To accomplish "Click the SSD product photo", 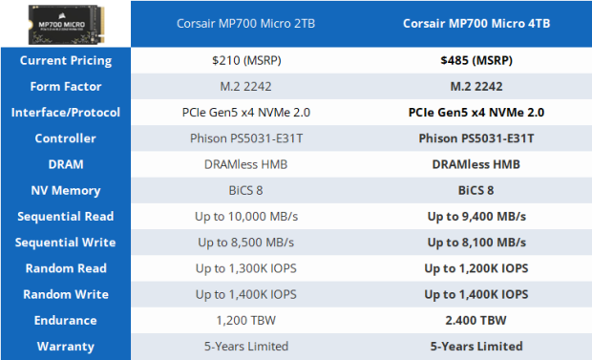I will pos(65,22).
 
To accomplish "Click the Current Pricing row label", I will pos(66,60).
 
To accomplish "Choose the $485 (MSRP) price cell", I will pos(476,60).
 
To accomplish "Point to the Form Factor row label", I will pos(66,86).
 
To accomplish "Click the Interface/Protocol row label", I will pos(66,112).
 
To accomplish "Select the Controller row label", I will pos(66,138).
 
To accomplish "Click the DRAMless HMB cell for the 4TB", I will pos(476,164).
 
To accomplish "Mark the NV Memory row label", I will pos(66,190).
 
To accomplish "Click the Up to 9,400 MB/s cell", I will pos(476,216).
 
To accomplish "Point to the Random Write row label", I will pos(66,294).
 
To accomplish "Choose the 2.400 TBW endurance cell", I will pos(476,320).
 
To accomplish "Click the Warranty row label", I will pos(66,346).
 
